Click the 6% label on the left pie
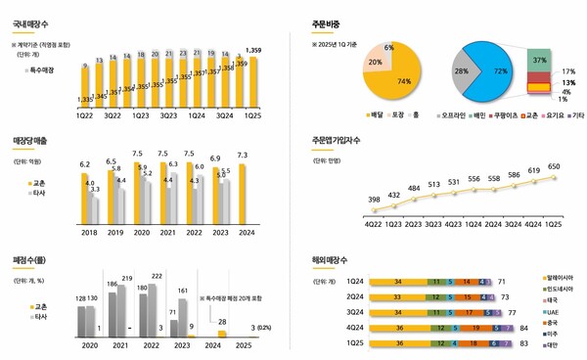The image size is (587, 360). (x=388, y=48)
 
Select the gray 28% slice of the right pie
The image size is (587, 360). (x=460, y=71)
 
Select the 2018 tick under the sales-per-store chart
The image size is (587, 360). (x=88, y=233)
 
